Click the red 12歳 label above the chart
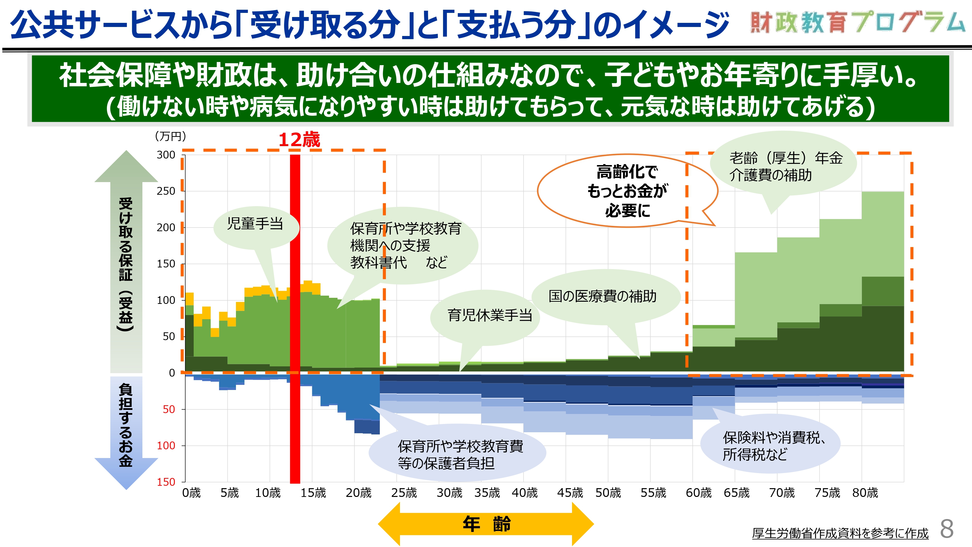pyautogui.click(x=299, y=140)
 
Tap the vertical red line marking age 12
pyautogui.click(x=295, y=319)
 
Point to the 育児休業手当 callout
pyautogui.click(x=485, y=317)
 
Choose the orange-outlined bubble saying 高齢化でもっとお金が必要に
pyautogui.click(x=627, y=191)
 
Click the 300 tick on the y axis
pyautogui.click(x=166, y=155)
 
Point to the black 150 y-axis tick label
pyautogui.click(x=166, y=264)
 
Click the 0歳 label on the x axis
pyautogui.click(x=191, y=493)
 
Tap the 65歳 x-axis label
pyautogui.click(x=736, y=493)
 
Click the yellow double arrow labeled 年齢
pyautogui.click(x=486, y=524)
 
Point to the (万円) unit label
pyautogui.click(x=170, y=136)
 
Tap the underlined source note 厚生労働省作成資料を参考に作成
pyautogui.click(x=840, y=533)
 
